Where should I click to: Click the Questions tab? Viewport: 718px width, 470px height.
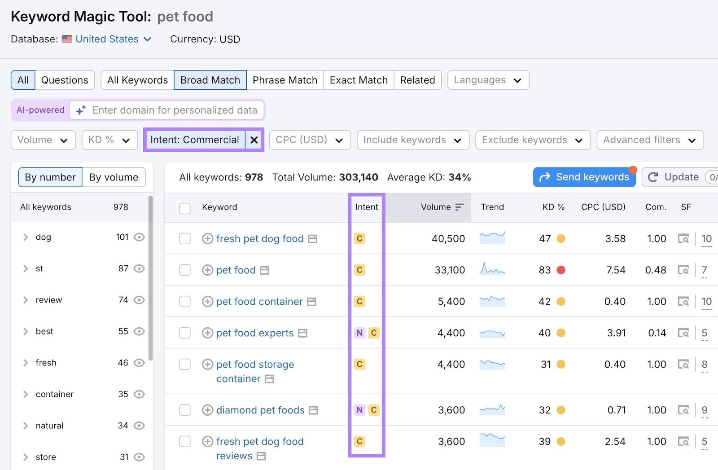(x=65, y=80)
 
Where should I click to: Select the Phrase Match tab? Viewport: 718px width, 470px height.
(x=285, y=80)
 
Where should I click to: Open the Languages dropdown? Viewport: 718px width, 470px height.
(x=488, y=80)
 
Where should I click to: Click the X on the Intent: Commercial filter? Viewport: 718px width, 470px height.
(x=254, y=140)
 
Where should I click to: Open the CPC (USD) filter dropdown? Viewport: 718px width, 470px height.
(x=309, y=140)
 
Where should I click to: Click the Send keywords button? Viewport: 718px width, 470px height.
(x=584, y=177)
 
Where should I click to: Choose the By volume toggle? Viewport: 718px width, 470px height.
(x=114, y=177)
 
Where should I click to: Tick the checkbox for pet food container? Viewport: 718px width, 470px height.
(x=185, y=302)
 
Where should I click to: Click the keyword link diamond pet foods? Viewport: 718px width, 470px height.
(x=260, y=410)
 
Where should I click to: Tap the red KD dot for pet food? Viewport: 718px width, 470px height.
(x=561, y=270)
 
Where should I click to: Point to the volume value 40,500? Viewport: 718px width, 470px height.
(x=448, y=239)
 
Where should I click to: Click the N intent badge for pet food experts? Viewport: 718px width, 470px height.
(x=359, y=333)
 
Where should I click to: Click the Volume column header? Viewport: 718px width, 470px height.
(x=436, y=207)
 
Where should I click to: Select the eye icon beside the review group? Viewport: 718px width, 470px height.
(x=140, y=300)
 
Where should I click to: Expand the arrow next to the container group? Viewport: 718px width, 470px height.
(x=26, y=394)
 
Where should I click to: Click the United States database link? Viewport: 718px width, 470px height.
(x=107, y=39)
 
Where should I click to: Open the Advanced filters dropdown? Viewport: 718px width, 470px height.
(x=649, y=140)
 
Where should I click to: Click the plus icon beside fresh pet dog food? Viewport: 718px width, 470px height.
(x=207, y=239)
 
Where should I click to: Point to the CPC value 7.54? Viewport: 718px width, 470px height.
(x=615, y=270)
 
